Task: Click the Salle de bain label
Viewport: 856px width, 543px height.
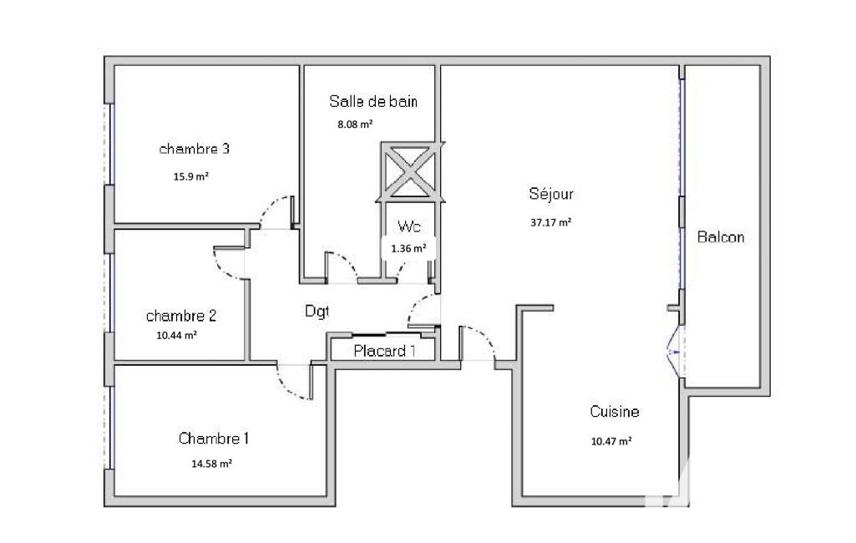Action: (x=373, y=101)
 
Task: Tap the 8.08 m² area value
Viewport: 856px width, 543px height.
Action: (x=355, y=124)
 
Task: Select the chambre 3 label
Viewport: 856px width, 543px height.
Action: (x=195, y=149)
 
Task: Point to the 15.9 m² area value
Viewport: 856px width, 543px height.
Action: (x=191, y=176)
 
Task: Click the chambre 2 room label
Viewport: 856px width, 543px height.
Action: (x=181, y=315)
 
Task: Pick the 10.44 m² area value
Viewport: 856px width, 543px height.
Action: (x=176, y=336)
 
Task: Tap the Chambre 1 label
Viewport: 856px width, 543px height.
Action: (x=214, y=438)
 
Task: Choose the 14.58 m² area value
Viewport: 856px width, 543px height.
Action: (x=211, y=464)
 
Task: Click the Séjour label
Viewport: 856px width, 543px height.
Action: (x=551, y=194)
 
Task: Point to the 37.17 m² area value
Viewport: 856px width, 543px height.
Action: (x=551, y=222)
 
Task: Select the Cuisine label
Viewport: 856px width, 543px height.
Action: (x=614, y=411)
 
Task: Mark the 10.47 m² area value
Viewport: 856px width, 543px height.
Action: (x=611, y=441)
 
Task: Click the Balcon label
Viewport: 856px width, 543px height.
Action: (x=721, y=237)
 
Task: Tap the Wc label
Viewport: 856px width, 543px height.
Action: (x=409, y=226)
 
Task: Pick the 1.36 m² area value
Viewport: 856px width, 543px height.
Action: (x=408, y=249)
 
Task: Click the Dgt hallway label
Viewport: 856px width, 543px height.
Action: (x=317, y=312)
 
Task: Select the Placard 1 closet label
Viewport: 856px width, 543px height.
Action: (x=384, y=351)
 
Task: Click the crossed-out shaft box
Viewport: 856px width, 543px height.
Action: (x=410, y=172)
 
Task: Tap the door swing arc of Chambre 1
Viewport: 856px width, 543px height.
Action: (x=287, y=389)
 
